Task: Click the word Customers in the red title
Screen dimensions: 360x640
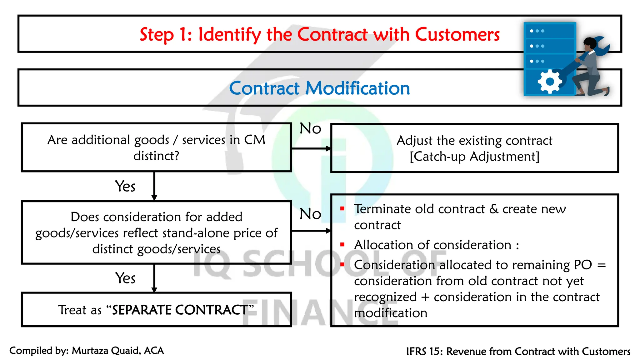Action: pos(457,34)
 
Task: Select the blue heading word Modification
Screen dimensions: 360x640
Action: pos(357,88)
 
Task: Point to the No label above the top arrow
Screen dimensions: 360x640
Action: pos(310,128)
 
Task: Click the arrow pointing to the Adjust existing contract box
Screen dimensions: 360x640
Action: pos(311,148)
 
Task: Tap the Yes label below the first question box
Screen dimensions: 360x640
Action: pos(125,187)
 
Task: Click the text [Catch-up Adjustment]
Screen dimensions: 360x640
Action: pos(474,157)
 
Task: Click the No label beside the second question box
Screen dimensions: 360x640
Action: pos(310,214)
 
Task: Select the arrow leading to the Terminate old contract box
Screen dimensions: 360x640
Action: pos(311,231)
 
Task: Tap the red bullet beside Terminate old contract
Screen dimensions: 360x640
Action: pos(342,208)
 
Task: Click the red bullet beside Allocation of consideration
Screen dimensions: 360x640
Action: pos(342,245)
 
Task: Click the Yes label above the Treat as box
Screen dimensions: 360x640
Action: pos(125,278)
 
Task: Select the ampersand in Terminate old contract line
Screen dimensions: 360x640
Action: pos(494,209)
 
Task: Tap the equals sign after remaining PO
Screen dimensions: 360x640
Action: pos(602,265)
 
